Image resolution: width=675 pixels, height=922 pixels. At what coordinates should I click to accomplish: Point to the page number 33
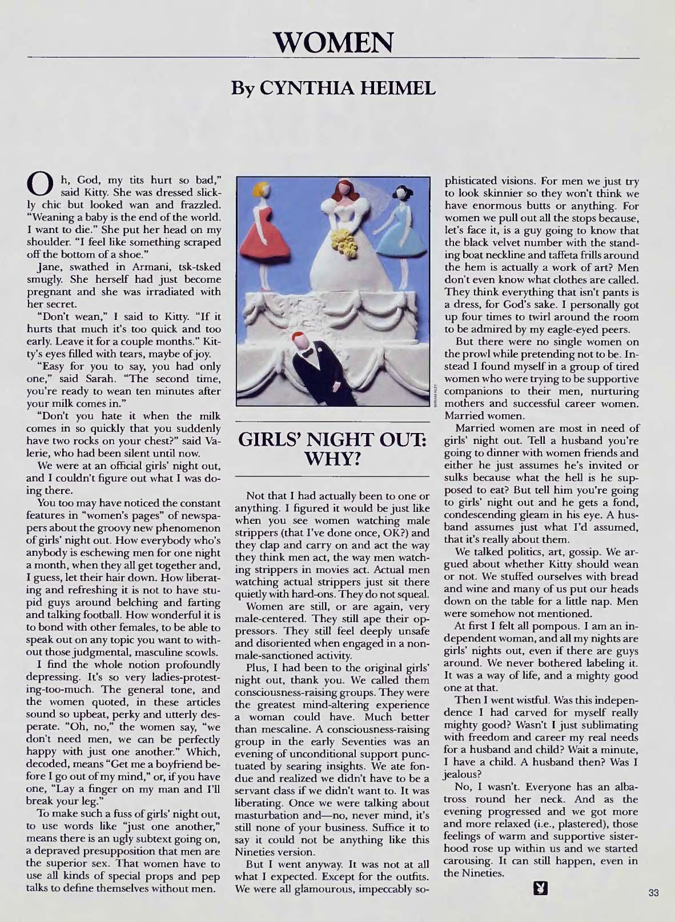click(x=653, y=893)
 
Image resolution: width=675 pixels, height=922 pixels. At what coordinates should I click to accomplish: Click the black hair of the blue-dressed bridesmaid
click(x=400, y=194)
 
